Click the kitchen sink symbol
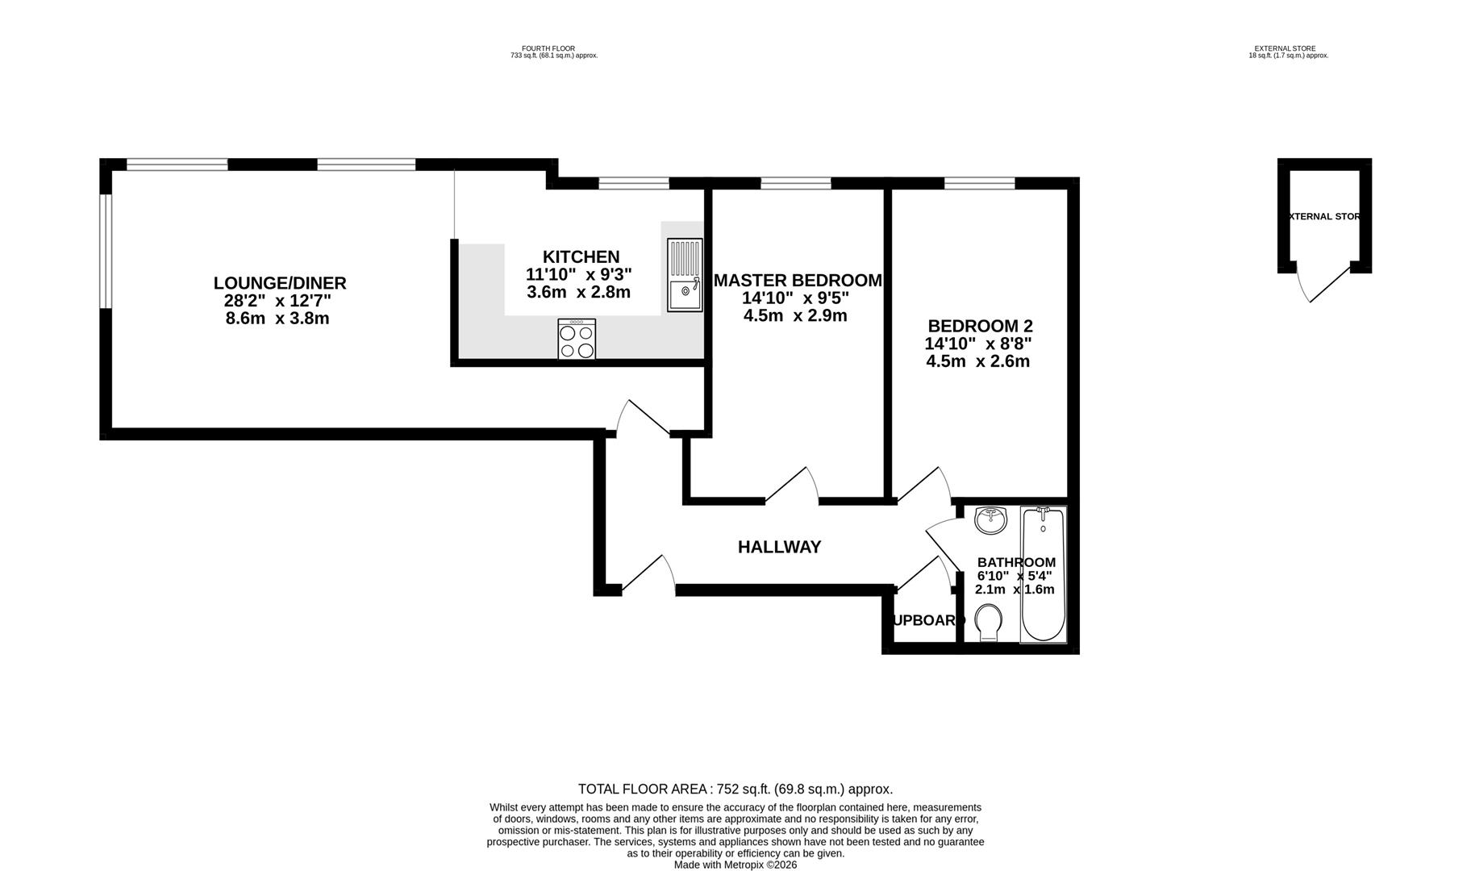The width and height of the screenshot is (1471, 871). pos(685,275)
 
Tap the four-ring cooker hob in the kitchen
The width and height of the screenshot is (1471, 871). pos(577,339)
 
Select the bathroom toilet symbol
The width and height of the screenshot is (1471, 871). pos(989,623)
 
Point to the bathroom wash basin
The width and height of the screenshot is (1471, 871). pos(990,520)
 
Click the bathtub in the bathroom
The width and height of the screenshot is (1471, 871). pos(1043,573)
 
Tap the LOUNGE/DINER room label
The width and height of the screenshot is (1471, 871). pos(280,283)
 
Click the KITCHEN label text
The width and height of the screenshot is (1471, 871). pos(581,257)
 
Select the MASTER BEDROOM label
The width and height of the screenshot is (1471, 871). pos(797,281)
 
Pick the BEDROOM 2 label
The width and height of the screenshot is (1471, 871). pos(980,326)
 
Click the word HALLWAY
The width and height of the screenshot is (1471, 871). pos(779,547)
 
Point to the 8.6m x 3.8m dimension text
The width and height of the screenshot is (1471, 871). pos(277,319)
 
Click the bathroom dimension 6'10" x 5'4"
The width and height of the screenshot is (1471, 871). pos(1014,576)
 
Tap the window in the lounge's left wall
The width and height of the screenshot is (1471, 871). pos(105,251)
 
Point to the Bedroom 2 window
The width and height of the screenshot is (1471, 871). pos(979,184)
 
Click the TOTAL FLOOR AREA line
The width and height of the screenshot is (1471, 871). pos(735,789)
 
